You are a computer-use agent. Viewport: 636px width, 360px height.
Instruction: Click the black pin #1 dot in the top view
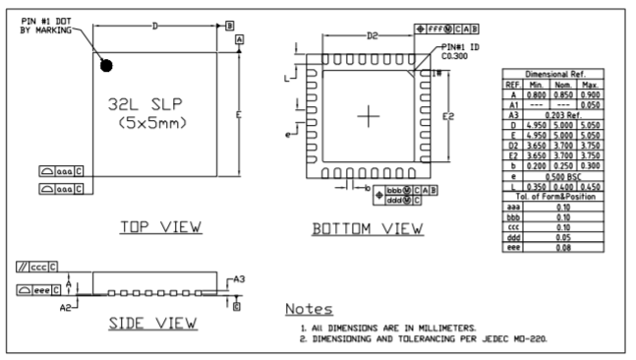(106, 66)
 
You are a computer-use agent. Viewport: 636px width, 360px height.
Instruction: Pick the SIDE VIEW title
(152, 323)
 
